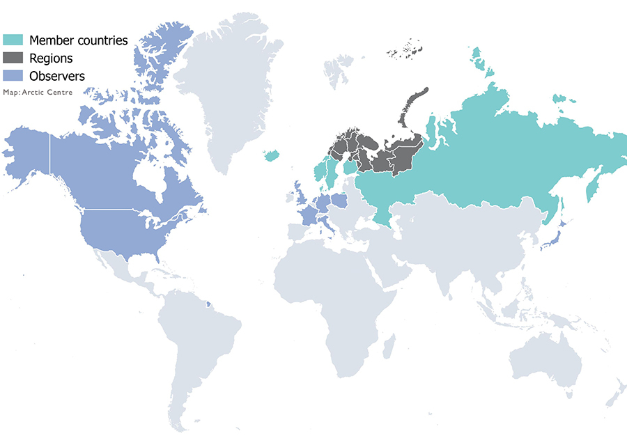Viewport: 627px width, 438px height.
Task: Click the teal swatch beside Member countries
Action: coord(14,40)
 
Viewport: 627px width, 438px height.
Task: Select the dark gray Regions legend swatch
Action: coord(14,58)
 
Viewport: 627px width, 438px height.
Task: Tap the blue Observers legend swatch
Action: coord(14,76)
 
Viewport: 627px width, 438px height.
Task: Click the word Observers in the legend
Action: coord(57,76)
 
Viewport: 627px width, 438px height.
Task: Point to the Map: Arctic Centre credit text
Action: coord(38,92)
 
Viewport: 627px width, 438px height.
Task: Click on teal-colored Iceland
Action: coord(272,155)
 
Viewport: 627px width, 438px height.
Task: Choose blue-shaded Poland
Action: coord(340,201)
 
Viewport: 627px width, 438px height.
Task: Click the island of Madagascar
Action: coord(389,347)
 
